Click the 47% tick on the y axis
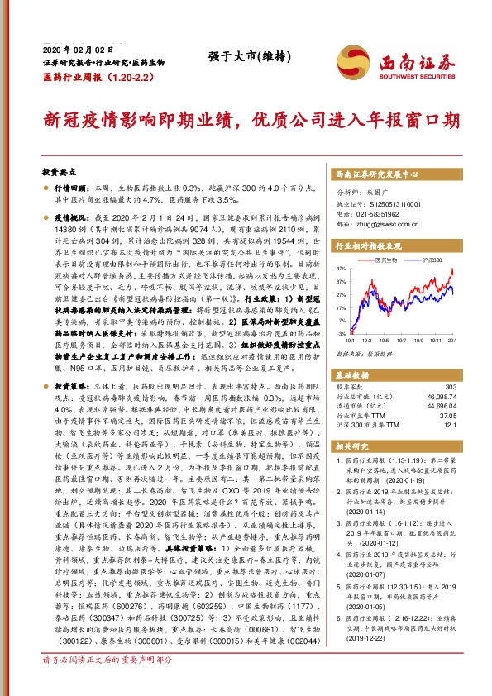coord(342,269)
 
